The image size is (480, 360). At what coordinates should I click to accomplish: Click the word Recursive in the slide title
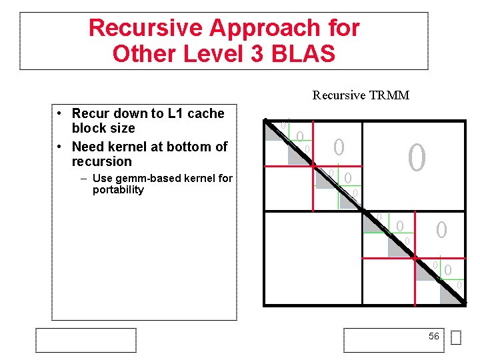pos(145,28)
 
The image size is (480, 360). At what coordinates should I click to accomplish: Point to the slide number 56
pos(433,337)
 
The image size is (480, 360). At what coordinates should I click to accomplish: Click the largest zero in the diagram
pos(416,158)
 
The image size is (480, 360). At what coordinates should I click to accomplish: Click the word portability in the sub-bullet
pos(118,190)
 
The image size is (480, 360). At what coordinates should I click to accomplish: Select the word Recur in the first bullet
pos(91,114)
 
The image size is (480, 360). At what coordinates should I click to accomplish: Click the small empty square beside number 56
pos(455,339)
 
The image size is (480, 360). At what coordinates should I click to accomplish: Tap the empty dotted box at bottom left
pos(87,340)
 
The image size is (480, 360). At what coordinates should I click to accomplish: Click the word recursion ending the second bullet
pos(101,161)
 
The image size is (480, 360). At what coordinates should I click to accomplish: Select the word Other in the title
pos(138,53)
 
